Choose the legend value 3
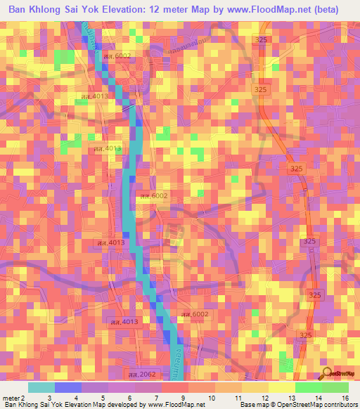(x=49, y=397)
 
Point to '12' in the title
(x=167, y=10)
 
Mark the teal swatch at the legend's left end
(x=41, y=387)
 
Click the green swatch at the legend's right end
(x=334, y=387)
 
